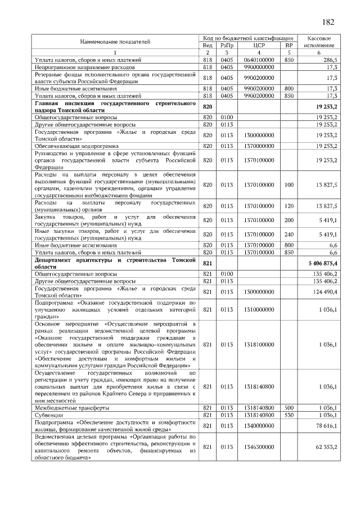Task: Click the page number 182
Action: coord(328,22)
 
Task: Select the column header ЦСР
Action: coord(259,44)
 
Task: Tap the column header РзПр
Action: coord(227,44)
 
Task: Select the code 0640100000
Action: coord(259,59)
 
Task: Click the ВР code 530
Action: coord(289,415)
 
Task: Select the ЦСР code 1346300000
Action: coord(259,447)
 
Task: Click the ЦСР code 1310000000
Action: coord(259,309)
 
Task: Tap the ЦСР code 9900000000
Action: coord(259,66)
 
